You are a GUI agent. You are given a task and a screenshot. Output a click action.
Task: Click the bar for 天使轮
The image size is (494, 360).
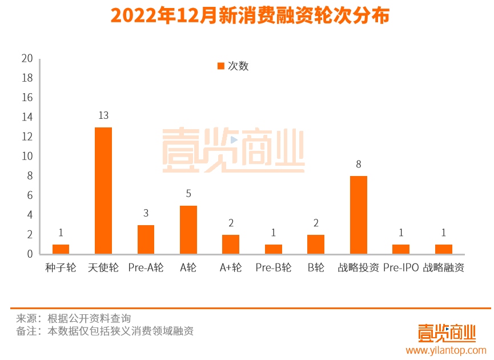[x=103, y=191]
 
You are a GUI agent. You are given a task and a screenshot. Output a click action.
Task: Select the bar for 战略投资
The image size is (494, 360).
[x=359, y=215]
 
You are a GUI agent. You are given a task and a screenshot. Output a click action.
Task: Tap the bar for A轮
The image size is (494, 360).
[x=188, y=230]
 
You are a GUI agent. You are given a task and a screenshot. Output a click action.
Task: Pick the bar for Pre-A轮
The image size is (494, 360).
[x=146, y=239]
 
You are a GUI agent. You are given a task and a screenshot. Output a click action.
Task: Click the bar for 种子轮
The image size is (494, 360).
[x=61, y=249]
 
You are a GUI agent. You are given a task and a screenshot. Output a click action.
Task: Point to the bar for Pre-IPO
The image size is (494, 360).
[x=401, y=249]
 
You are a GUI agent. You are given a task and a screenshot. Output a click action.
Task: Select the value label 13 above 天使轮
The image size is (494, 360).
[x=103, y=115]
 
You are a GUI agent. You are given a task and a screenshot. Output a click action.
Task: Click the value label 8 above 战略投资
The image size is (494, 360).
[x=359, y=165]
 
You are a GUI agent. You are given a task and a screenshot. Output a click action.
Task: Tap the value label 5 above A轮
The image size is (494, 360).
[x=188, y=194]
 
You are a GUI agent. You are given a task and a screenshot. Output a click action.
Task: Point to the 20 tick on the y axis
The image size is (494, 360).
[x=27, y=58]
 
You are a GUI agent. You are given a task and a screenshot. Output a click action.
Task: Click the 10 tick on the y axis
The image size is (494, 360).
[x=27, y=156]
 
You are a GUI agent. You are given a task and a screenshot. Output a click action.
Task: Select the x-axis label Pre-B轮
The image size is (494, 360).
[x=274, y=267]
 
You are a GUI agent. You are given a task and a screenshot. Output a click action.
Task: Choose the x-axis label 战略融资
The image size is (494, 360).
[x=444, y=267]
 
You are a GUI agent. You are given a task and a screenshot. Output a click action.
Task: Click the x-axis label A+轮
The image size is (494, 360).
[x=231, y=267]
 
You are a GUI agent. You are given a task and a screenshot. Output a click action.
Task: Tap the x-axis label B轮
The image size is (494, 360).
[x=316, y=267]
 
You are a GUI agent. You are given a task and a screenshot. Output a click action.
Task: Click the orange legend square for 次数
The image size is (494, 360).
[x=221, y=66]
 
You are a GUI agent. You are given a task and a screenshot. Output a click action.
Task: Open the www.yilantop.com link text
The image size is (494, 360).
[x=446, y=350]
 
